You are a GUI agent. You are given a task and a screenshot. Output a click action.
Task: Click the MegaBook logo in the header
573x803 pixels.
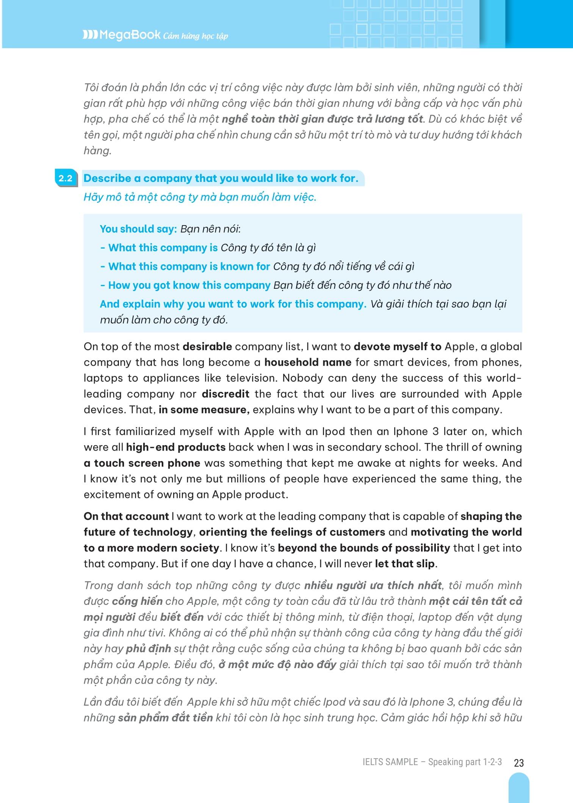pyautogui.click(x=122, y=35)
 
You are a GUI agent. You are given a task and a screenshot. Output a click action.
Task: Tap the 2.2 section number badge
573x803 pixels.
pyautogui.click(x=65, y=178)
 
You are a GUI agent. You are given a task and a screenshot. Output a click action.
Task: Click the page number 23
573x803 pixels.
pyautogui.click(x=519, y=762)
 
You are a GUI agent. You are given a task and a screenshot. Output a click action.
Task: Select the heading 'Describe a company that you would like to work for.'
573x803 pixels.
pyautogui.click(x=221, y=178)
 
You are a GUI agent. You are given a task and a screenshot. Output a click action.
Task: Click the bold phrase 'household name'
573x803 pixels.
pyautogui.click(x=308, y=362)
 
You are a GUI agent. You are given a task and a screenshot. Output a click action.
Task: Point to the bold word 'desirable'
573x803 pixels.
pyautogui.click(x=207, y=346)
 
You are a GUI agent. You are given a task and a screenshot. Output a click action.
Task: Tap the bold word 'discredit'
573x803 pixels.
pyautogui.click(x=225, y=394)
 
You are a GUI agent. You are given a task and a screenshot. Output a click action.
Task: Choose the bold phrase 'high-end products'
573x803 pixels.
pyautogui.click(x=176, y=447)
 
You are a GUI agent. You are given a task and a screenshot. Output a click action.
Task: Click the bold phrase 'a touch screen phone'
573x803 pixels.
pyautogui.click(x=142, y=463)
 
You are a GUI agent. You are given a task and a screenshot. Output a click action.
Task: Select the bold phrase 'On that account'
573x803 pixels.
pyautogui.click(x=126, y=516)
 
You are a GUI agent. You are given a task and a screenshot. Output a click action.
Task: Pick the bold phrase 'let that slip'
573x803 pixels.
pyautogui.click(x=404, y=564)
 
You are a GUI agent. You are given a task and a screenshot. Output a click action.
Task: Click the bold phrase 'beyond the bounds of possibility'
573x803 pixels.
pyautogui.click(x=364, y=548)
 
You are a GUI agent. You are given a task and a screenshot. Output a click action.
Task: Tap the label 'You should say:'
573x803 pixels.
pyautogui.click(x=138, y=229)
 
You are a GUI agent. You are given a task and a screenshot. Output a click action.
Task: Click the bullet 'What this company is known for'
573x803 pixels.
pyautogui.click(x=189, y=266)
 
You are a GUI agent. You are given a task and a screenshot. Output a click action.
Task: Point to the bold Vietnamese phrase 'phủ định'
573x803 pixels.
pyautogui.click(x=148, y=648)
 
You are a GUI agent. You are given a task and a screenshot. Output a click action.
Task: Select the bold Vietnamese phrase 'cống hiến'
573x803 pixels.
pyautogui.click(x=137, y=601)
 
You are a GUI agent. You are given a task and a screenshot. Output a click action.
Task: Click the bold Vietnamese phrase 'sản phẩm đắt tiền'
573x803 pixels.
pyautogui.click(x=165, y=718)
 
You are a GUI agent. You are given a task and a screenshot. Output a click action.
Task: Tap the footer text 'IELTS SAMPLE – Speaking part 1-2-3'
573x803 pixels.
pyautogui.click(x=432, y=762)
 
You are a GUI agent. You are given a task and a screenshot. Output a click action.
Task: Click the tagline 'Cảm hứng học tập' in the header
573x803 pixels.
pyautogui.click(x=196, y=36)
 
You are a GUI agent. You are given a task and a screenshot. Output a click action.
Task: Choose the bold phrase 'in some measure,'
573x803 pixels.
pyautogui.click(x=204, y=410)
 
